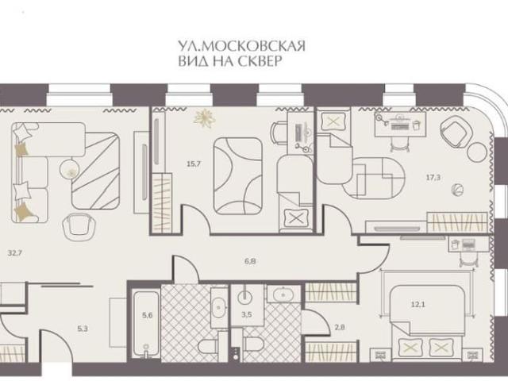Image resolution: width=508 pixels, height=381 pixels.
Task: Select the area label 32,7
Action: pos(13,255)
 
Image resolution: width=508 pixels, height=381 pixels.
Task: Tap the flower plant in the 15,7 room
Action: pos(204,117)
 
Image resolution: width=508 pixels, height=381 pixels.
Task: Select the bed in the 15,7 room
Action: pos(237,175)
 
